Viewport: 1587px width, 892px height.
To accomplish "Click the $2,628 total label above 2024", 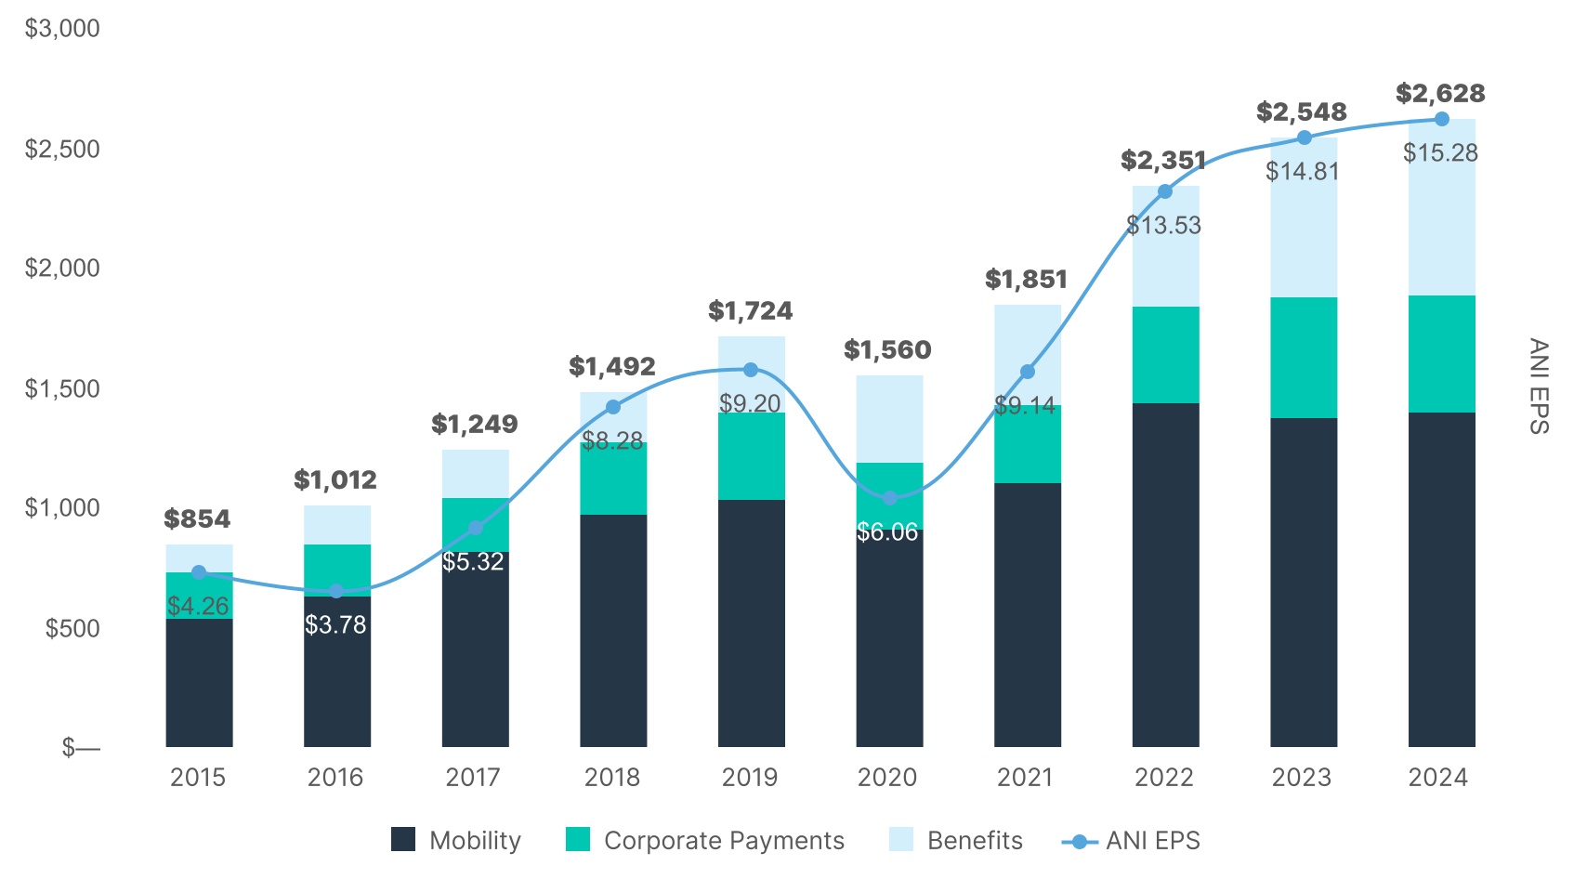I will pos(1440,94).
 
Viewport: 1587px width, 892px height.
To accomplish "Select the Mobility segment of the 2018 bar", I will pos(613,632).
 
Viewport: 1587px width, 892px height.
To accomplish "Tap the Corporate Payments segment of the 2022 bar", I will pos(1165,355).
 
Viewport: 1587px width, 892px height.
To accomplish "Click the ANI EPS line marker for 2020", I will pos(890,498).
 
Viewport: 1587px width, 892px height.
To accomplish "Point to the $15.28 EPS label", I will pos(1440,153).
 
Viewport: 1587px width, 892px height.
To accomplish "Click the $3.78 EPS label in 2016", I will pos(335,624).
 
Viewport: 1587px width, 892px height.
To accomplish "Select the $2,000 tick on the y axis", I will pos(61,269).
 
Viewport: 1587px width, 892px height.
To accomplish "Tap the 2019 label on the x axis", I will pos(750,778).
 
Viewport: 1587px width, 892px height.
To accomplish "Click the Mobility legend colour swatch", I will pos(403,840).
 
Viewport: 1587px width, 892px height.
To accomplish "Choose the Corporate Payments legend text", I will pos(724,841).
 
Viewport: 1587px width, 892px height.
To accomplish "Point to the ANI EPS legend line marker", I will pos(1079,842).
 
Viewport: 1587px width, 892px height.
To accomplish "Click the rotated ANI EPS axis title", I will pos(1539,386).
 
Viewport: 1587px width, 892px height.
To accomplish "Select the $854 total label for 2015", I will pos(197,519).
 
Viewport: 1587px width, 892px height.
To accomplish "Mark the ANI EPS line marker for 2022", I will pos(1165,191).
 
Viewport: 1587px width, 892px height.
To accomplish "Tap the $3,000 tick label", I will pos(61,29).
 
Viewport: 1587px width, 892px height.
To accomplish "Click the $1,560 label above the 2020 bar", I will pos(887,350).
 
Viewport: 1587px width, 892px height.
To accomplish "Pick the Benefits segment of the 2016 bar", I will pos(337,525).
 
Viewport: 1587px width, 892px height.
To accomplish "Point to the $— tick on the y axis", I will pos(81,748).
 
